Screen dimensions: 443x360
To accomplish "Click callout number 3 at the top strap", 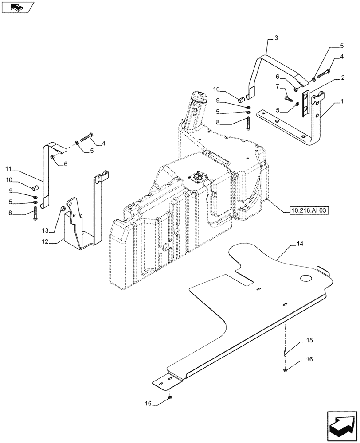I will pos(276,39).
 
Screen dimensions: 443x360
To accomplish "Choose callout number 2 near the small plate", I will pos(343,78).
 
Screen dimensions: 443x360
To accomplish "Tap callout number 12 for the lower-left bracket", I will pos(45,242).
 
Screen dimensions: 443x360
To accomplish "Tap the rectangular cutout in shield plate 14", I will pos(239,279).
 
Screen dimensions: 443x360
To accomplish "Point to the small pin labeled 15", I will pos(286,353).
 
